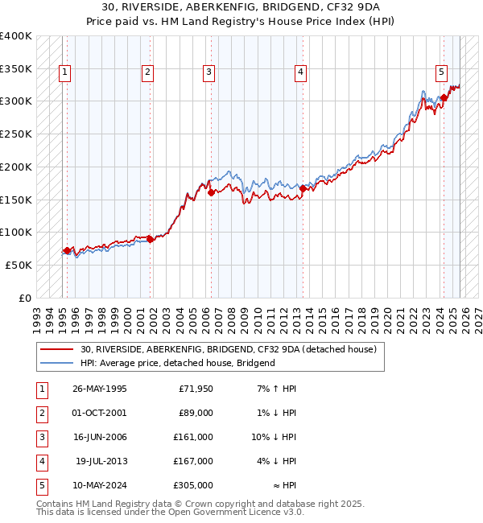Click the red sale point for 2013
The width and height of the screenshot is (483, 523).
(303, 188)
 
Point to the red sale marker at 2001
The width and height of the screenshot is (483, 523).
(151, 239)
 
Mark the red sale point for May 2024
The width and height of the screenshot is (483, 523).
(444, 98)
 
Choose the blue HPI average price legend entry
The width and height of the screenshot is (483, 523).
(177, 363)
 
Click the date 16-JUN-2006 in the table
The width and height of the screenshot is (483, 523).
(100, 437)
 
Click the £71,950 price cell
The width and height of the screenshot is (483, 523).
(196, 389)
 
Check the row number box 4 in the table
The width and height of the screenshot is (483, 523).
(41, 461)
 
